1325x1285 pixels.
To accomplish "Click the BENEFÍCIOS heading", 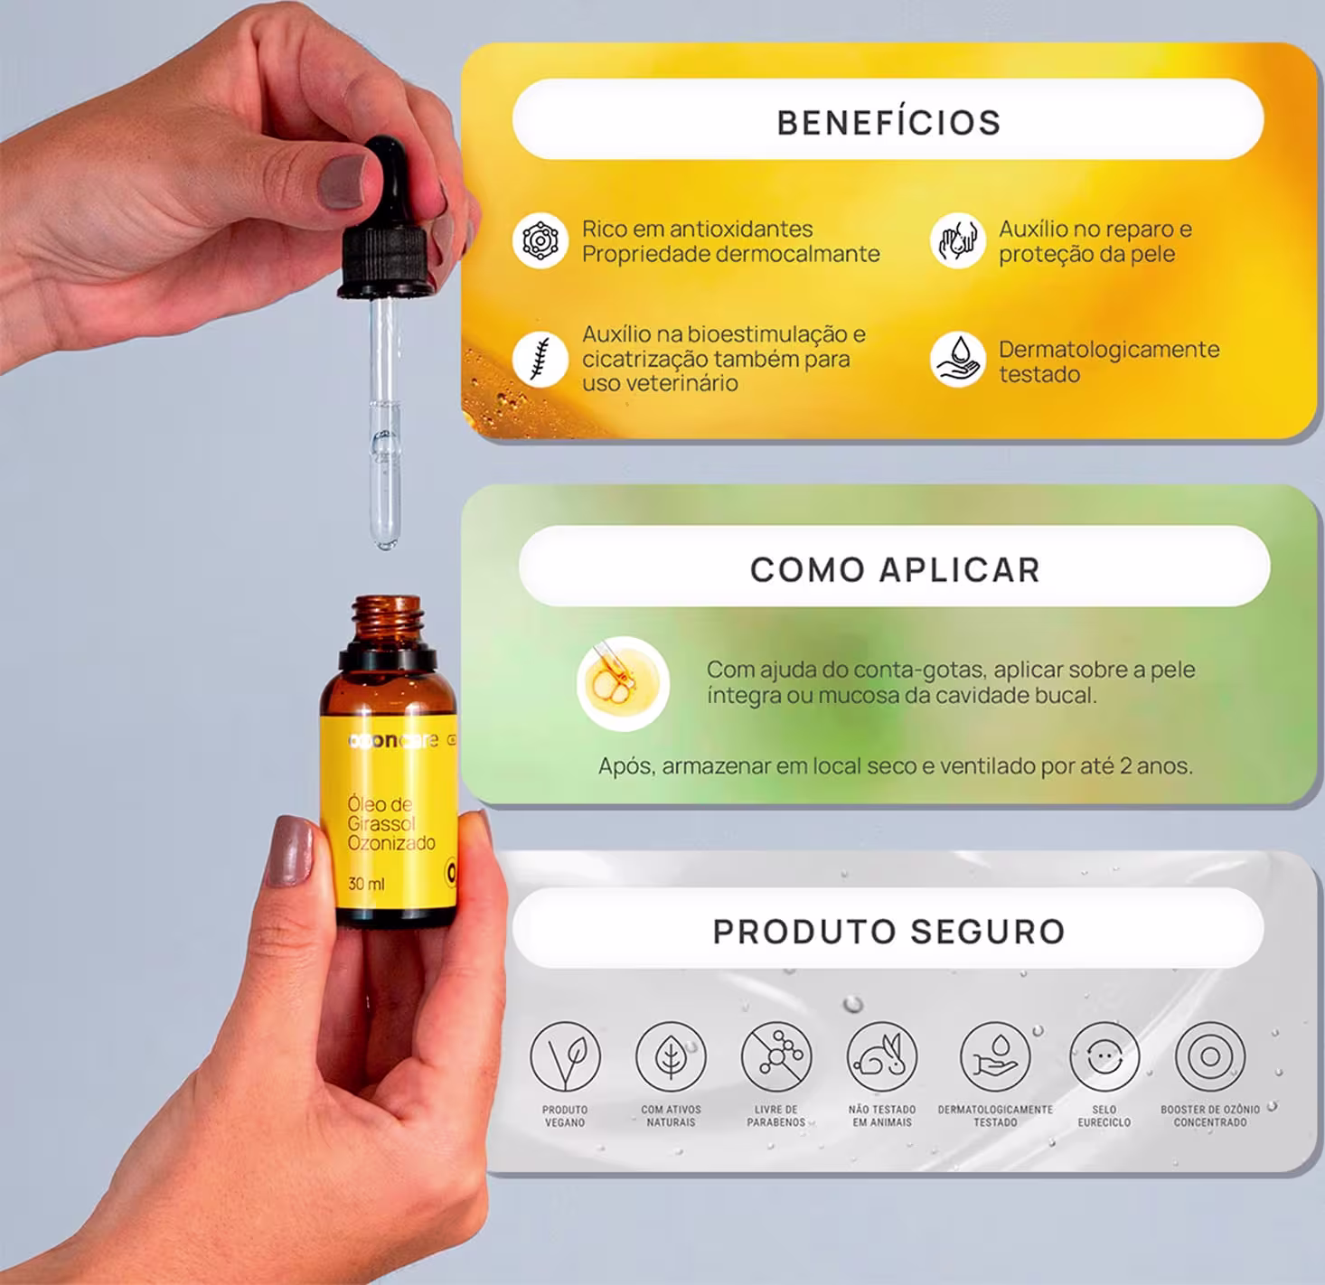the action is (888, 123).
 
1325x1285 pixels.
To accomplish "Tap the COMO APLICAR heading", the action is (895, 569).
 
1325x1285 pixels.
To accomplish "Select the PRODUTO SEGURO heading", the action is (888, 932).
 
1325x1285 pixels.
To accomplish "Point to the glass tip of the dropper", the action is (385, 538).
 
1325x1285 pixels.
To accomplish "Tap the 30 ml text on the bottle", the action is (366, 884).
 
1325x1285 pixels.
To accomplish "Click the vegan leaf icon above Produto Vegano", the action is (565, 1056).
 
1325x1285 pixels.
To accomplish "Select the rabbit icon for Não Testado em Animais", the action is (882, 1056).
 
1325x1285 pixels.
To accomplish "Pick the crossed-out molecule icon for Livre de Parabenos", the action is (776, 1056).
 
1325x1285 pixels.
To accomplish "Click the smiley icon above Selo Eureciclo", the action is (1104, 1056).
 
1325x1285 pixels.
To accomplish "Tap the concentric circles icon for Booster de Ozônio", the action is (1210, 1056).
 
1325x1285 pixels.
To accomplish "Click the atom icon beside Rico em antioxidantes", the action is (540, 240).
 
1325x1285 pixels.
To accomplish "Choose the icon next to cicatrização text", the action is (540, 360).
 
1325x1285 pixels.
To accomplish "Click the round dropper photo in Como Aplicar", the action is (623, 683).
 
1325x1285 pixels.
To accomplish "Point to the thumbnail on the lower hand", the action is (289, 851).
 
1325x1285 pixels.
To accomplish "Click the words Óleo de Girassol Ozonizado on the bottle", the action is (390, 823).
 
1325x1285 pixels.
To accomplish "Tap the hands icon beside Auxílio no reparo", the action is (957, 240).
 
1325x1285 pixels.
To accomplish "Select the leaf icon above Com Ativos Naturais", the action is (671, 1056).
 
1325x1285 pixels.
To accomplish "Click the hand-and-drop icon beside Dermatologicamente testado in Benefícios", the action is (957, 360).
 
